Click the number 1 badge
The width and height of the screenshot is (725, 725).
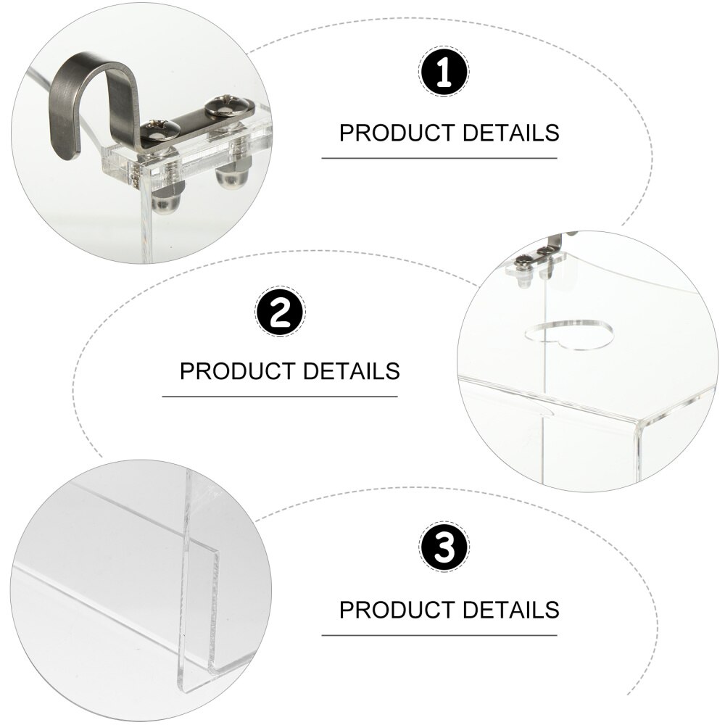click(x=444, y=72)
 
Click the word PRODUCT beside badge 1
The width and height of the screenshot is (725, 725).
click(x=397, y=133)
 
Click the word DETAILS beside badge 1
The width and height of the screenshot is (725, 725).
click(x=511, y=133)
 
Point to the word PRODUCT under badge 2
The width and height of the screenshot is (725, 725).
click(x=238, y=370)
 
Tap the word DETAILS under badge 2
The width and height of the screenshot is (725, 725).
click(x=352, y=370)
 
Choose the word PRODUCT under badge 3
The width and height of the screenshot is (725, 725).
click(x=397, y=610)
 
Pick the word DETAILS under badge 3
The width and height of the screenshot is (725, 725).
click(x=511, y=610)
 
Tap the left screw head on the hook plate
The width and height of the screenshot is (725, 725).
click(x=160, y=130)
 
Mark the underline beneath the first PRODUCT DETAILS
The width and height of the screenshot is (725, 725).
click(x=439, y=158)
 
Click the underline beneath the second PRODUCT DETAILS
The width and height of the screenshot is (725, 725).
click(x=280, y=397)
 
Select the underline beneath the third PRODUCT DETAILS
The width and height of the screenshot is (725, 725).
click(x=439, y=635)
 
